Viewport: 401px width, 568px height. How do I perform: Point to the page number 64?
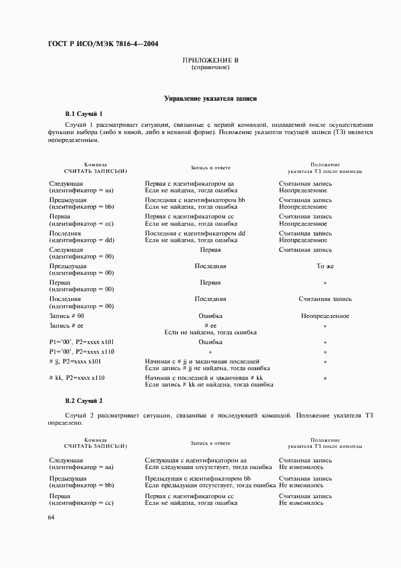[51, 516]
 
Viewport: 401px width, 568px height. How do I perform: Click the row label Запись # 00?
[67, 316]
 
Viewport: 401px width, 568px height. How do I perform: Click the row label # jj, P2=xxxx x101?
[75, 362]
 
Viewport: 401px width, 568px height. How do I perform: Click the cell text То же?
[325, 266]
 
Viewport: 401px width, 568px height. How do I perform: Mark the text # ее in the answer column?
[211, 326]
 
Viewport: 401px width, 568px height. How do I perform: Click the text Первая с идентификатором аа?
[190, 183]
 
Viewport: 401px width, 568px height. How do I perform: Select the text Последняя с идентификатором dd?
[195, 233]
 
